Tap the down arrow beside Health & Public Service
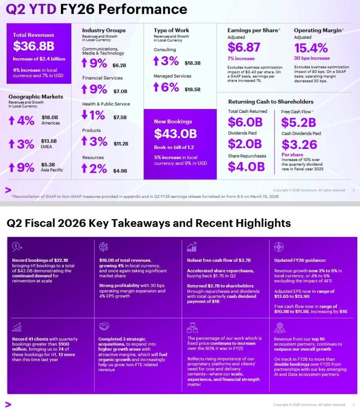[x=84, y=115]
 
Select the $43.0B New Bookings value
[x=175, y=134]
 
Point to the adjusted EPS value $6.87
[x=244, y=48]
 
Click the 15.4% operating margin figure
[x=311, y=48]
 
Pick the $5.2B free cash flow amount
[x=298, y=122]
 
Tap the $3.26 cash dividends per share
[x=299, y=145]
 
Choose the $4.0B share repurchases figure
[x=246, y=167]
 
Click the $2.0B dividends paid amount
[x=245, y=144]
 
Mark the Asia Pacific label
[x=52, y=170]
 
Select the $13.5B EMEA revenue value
[x=49, y=141]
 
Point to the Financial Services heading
[x=102, y=78]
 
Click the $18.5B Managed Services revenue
[x=193, y=90]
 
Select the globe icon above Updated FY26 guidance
[x=279, y=247]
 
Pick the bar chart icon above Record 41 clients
[x=17, y=328]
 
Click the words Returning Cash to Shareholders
[x=271, y=102]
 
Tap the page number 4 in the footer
[x=353, y=404]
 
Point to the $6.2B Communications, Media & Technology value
[x=119, y=65]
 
